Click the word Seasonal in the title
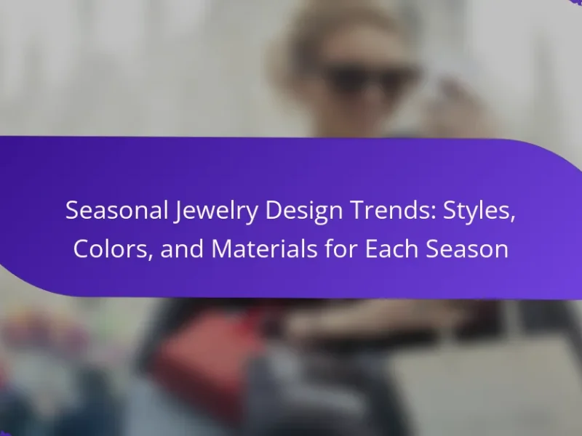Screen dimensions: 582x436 pyautogui.click(x=116, y=210)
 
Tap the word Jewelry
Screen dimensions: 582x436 pyautogui.click(x=215, y=211)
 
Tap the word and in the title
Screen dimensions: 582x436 pyautogui.click(x=182, y=249)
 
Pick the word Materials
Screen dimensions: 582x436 pyautogui.click(x=264, y=249)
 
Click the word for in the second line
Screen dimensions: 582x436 pyautogui.click(x=340, y=249)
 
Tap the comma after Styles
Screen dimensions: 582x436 pyautogui.click(x=513, y=219)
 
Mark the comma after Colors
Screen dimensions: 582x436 pyautogui.click(x=150, y=257)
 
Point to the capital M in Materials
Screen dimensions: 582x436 pyautogui.click(x=221, y=249)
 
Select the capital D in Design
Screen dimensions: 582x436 pyautogui.click(x=274, y=211)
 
